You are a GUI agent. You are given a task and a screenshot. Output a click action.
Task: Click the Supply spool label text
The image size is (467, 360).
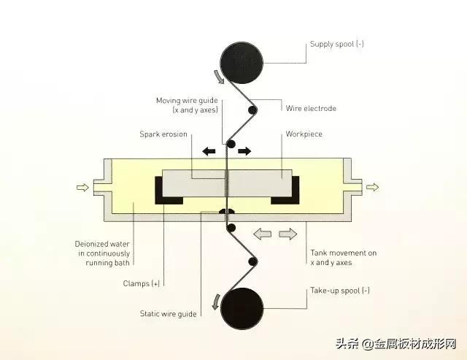coord(337,44)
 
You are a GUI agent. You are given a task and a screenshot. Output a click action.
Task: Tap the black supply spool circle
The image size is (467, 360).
coord(242,63)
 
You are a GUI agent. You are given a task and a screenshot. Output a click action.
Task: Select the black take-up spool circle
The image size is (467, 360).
coord(242,308)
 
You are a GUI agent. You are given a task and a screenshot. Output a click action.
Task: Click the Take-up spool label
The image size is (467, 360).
coord(340,291)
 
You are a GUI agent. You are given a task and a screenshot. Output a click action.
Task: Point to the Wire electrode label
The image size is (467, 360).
coord(311,108)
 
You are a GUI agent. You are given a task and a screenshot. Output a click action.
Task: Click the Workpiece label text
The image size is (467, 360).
coord(304,134)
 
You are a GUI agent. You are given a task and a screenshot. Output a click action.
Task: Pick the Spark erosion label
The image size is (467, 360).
coord(163,134)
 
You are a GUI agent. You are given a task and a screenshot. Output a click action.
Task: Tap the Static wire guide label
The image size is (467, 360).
coord(169,314)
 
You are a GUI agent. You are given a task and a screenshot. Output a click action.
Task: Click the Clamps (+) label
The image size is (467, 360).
coord(142,283)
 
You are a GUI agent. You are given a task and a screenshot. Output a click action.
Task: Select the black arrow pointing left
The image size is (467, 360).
coord(209,151)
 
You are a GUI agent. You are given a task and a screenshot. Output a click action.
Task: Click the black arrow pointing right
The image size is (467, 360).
coord(244,151)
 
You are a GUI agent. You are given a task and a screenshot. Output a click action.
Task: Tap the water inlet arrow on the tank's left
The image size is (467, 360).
coord(82,187)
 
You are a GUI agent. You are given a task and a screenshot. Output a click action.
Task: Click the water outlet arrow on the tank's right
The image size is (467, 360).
coord(372,187)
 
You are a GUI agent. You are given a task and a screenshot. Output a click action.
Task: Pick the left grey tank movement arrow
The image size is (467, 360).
coord(263,234)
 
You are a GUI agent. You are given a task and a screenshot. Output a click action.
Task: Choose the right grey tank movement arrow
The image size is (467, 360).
coord(288,234)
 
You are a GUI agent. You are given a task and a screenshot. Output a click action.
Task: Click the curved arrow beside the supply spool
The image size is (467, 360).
coord(219,77)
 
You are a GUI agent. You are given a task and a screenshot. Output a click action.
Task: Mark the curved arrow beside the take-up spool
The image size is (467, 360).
coord(216,302)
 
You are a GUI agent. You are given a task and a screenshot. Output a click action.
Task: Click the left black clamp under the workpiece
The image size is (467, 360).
coord(169,191)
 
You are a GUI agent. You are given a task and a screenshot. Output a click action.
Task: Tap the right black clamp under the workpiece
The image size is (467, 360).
coord(285,191)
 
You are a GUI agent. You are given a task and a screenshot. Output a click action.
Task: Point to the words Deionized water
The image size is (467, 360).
coord(102,244)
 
